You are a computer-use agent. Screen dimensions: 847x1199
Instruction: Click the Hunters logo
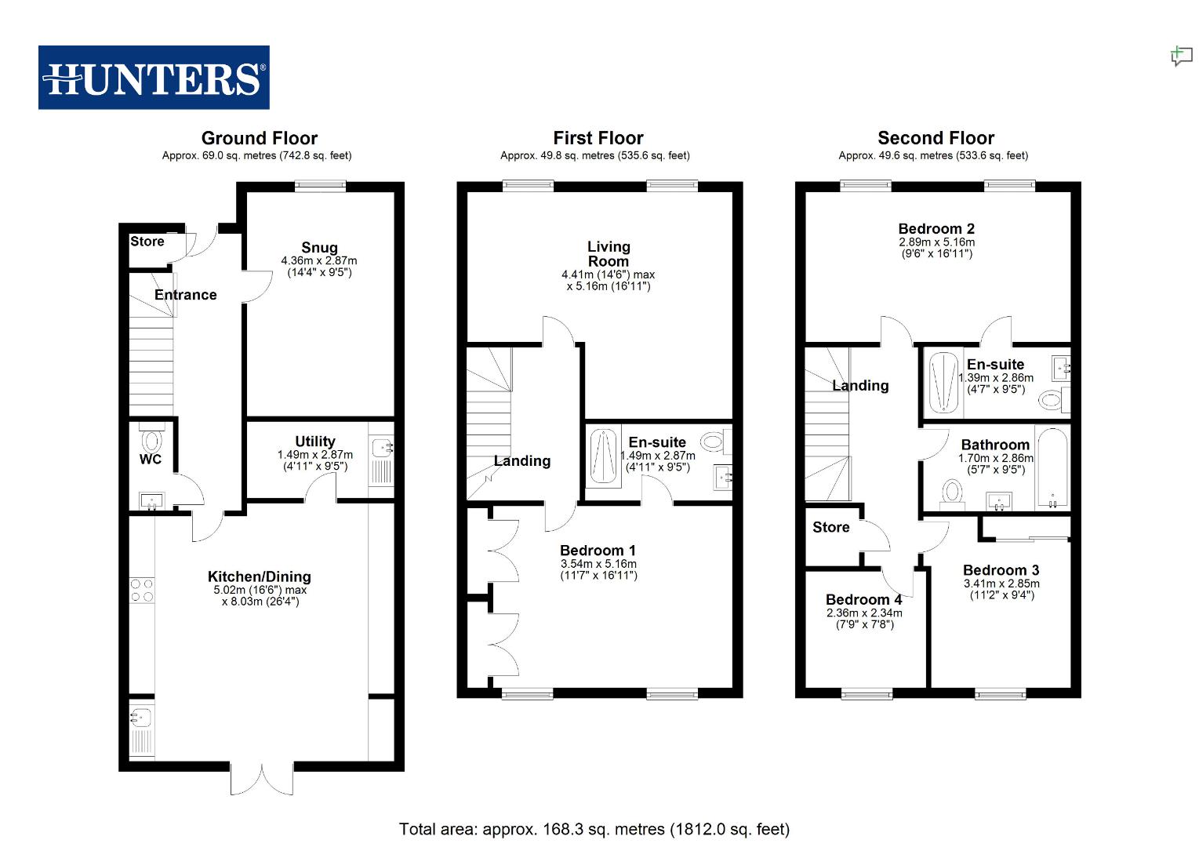click(154, 78)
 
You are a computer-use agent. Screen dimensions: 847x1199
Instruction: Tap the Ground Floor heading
click(259, 138)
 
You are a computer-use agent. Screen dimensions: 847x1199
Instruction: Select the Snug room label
click(319, 247)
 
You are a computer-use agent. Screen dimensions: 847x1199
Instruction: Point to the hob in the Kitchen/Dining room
click(142, 590)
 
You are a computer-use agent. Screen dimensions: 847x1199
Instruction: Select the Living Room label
click(609, 254)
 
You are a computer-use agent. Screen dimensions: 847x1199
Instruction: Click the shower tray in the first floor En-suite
click(602, 456)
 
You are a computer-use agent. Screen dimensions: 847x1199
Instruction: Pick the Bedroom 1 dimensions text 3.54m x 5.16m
click(598, 564)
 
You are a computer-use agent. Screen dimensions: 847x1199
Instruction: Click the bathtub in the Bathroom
click(1051, 468)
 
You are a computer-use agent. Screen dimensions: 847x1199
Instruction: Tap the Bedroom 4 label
click(863, 600)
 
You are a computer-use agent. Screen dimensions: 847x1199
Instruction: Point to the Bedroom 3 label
click(1001, 570)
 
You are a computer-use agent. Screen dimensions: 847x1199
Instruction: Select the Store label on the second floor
click(830, 527)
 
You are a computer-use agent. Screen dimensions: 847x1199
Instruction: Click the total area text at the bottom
click(594, 829)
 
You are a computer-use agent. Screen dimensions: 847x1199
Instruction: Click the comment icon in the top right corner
click(1181, 56)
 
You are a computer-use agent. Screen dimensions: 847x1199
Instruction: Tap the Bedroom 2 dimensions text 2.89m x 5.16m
click(936, 242)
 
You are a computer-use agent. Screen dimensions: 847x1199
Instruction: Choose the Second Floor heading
click(936, 138)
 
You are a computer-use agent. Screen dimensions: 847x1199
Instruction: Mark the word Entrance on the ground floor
click(185, 295)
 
